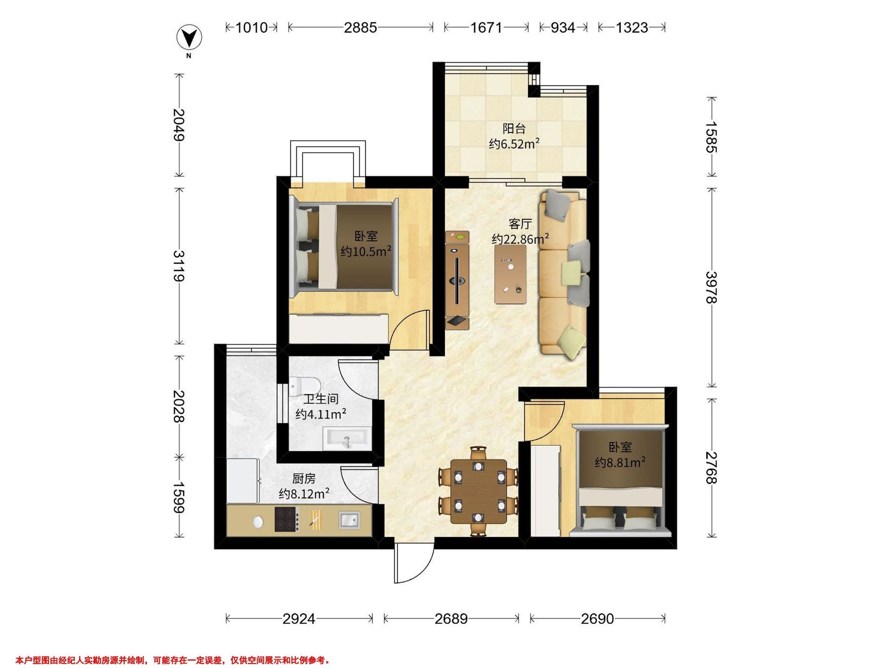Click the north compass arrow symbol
(x=189, y=37)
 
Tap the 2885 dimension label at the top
(x=360, y=27)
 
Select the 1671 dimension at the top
(x=487, y=27)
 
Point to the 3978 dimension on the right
(x=712, y=288)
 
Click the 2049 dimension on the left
(x=179, y=125)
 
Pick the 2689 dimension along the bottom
(x=451, y=619)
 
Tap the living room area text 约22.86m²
(x=520, y=239)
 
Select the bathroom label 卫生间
(x=321, y=399)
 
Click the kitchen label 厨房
(x=304, y=478)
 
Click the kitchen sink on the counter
(x=349, y=520)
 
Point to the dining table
(x=478, y=491)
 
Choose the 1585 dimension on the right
(x=712, y=137)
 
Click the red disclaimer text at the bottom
(x=173, y=649)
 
